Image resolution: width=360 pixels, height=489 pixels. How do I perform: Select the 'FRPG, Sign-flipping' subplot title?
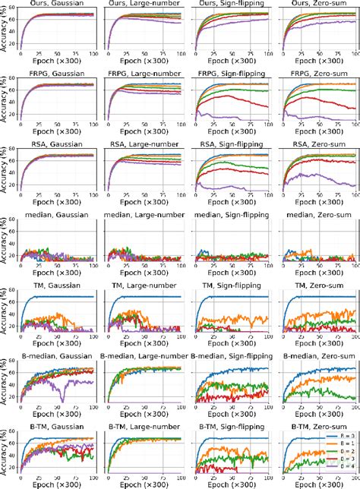[230, 74]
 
